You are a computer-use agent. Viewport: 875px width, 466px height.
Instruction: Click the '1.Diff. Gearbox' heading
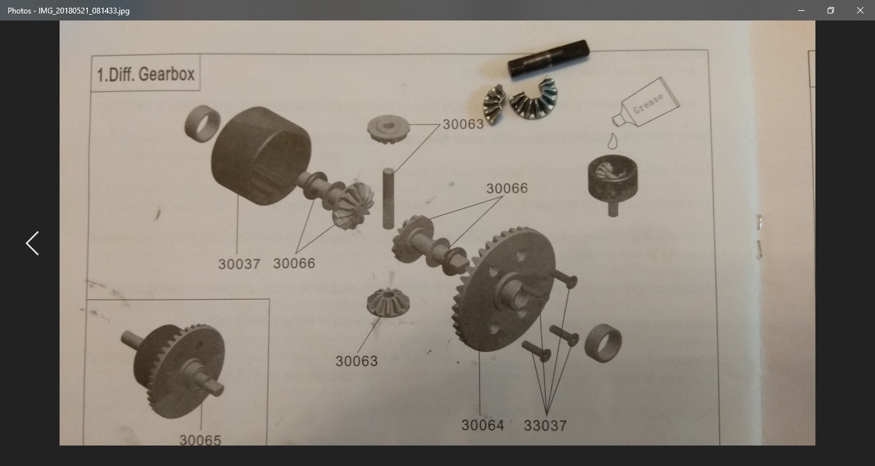(x=145, y=74)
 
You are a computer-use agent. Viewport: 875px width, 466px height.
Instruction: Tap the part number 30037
(x=239, y=264)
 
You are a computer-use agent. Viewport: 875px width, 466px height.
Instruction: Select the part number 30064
(x=483, y=425)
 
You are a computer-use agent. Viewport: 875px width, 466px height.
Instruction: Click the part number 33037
(x=545, y=426)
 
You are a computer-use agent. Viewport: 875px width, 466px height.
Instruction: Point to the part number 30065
(x=200, y=440)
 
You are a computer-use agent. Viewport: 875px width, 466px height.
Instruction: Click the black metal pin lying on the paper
(x=548, y=58)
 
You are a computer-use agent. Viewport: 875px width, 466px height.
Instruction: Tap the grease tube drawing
(x=646, y=102)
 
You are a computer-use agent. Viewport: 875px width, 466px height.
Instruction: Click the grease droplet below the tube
(x=612, y=141)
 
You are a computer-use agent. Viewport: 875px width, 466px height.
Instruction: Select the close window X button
(x=860, y=10)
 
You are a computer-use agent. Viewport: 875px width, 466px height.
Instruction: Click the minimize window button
(x=801, y=10)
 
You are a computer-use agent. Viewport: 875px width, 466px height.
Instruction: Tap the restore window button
(x=831, y=10)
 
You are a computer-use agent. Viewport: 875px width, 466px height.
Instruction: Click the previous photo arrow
(x=33, y=243)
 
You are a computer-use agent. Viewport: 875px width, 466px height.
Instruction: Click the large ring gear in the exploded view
(x=504, y=289)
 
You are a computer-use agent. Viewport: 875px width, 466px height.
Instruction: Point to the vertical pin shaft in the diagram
(x=388, y=198)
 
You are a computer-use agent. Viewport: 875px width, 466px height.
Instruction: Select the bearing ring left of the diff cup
(x=202, y=124)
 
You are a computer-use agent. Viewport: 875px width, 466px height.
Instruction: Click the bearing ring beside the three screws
(x=603, y=343)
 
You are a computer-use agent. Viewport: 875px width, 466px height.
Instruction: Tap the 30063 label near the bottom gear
(x=357, y=361)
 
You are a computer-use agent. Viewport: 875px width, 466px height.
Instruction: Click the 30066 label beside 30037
(x=294, y=264)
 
